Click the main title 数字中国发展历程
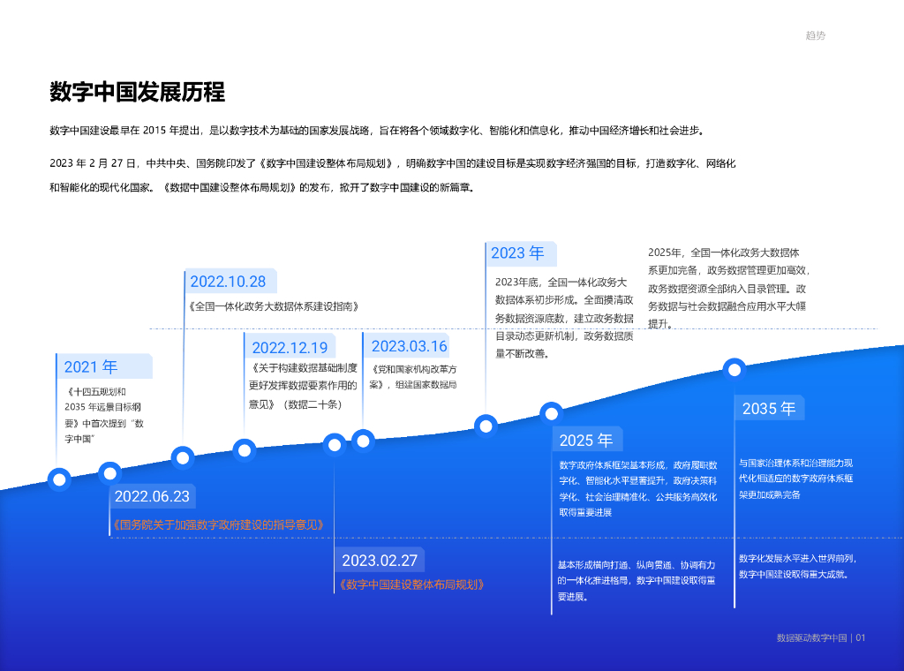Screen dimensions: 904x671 (x=137, y=92)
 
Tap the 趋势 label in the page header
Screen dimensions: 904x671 (x=816, y=36)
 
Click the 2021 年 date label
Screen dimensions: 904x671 (x=91, y=367)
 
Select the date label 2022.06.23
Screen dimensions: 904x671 (x=152, y=496)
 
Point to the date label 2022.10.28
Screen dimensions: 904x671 (x=228, y=282)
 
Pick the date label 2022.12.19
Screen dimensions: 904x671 (x=290, y=348)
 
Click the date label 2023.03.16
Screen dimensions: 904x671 (x=410, y=346)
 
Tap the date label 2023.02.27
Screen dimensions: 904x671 (x=380, y=561)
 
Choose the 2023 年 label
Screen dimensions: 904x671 (x=517, y=253)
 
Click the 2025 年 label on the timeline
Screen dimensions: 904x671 (x=586, y=440)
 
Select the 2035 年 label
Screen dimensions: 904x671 (x=769, y=409)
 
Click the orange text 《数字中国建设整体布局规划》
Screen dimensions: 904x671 (x=411, y=584)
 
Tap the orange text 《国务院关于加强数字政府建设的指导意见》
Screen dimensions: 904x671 (x=219, y=524)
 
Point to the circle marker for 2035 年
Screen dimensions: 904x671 (x=734, y=369)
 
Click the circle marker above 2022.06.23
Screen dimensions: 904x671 (x=109, y=472)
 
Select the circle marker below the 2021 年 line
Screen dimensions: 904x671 (x=59, y=479)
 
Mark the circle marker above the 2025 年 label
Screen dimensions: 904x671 (x=552, y=412)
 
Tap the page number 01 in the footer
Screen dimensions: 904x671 (x=861, y=637)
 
